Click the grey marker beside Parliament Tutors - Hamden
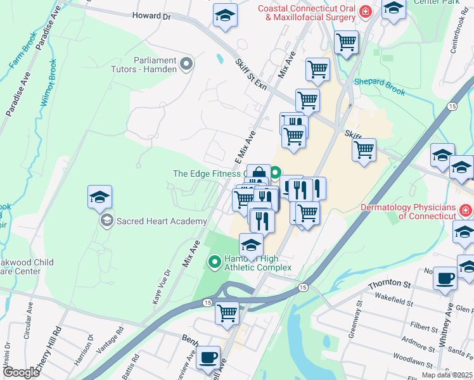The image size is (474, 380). [x=186, y=63]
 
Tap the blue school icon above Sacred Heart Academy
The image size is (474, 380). [x=100, y=198]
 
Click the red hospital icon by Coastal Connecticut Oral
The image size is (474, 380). [x=365, y=12]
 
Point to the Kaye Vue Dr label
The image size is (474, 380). [x=160, y=287]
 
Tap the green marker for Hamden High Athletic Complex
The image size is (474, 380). [x=215, y=261]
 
